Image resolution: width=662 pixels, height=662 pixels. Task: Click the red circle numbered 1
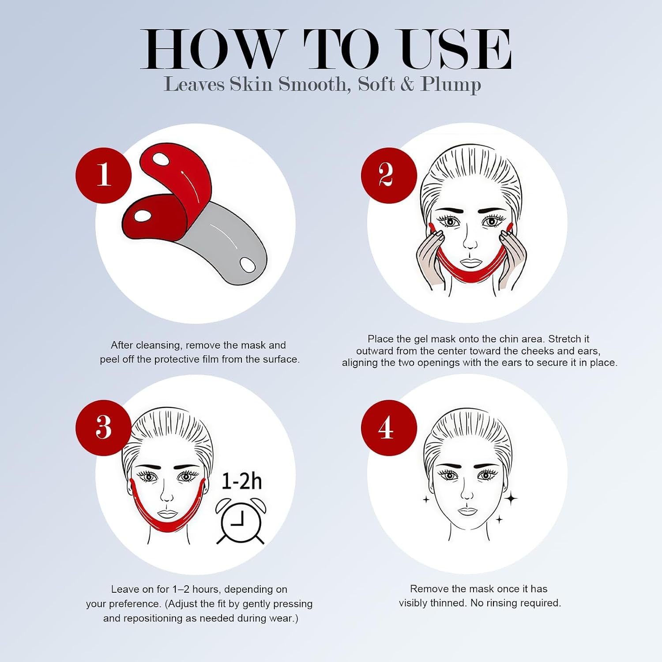(x=104, y=175)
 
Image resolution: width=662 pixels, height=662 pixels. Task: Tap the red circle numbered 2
(x=389, y=175)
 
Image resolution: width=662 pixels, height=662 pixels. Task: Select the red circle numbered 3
(x=104, y=428)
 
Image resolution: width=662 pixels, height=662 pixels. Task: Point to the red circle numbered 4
(x=389, y=428)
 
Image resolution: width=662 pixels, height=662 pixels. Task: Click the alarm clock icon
(x=241, y=521)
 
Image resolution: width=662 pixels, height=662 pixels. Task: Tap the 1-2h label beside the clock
(x=241, y=481)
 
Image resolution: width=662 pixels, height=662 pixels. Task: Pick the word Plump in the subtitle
(x=451, y=85)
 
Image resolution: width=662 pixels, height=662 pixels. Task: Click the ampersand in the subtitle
(x=407, y=84)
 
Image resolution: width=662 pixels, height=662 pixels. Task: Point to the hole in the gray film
(x=247, y=265)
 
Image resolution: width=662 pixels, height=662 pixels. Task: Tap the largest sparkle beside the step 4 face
(x=511, y=499)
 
